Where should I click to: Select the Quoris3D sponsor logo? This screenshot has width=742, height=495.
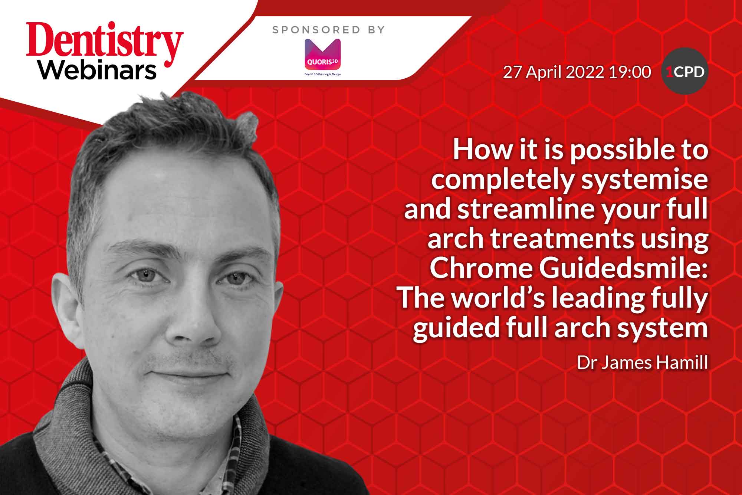tap(322, 57)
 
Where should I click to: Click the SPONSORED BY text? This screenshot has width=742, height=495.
tap(329, 30)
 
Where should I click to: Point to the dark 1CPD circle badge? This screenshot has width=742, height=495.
tap(685, 71)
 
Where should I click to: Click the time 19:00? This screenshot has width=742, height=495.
tap(630, 72)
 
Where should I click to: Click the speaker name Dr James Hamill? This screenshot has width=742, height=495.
tap(642, 362)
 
